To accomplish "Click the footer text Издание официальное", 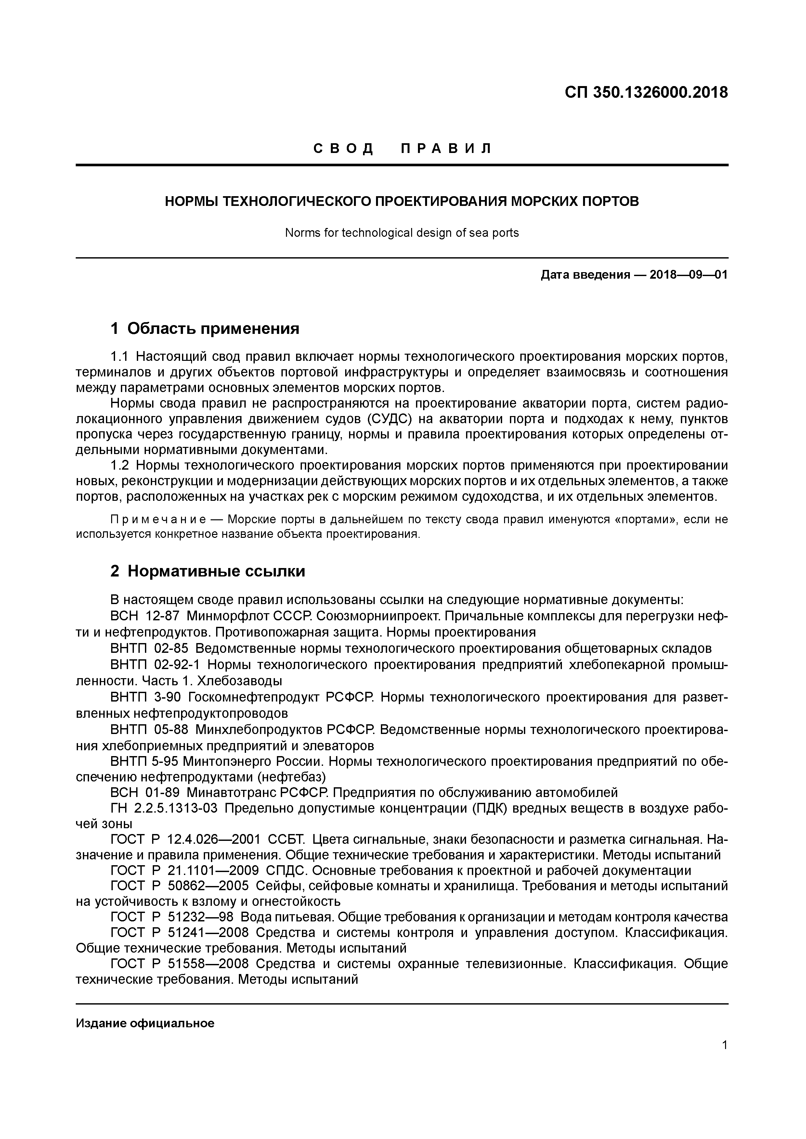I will [x=145, y=1023].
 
